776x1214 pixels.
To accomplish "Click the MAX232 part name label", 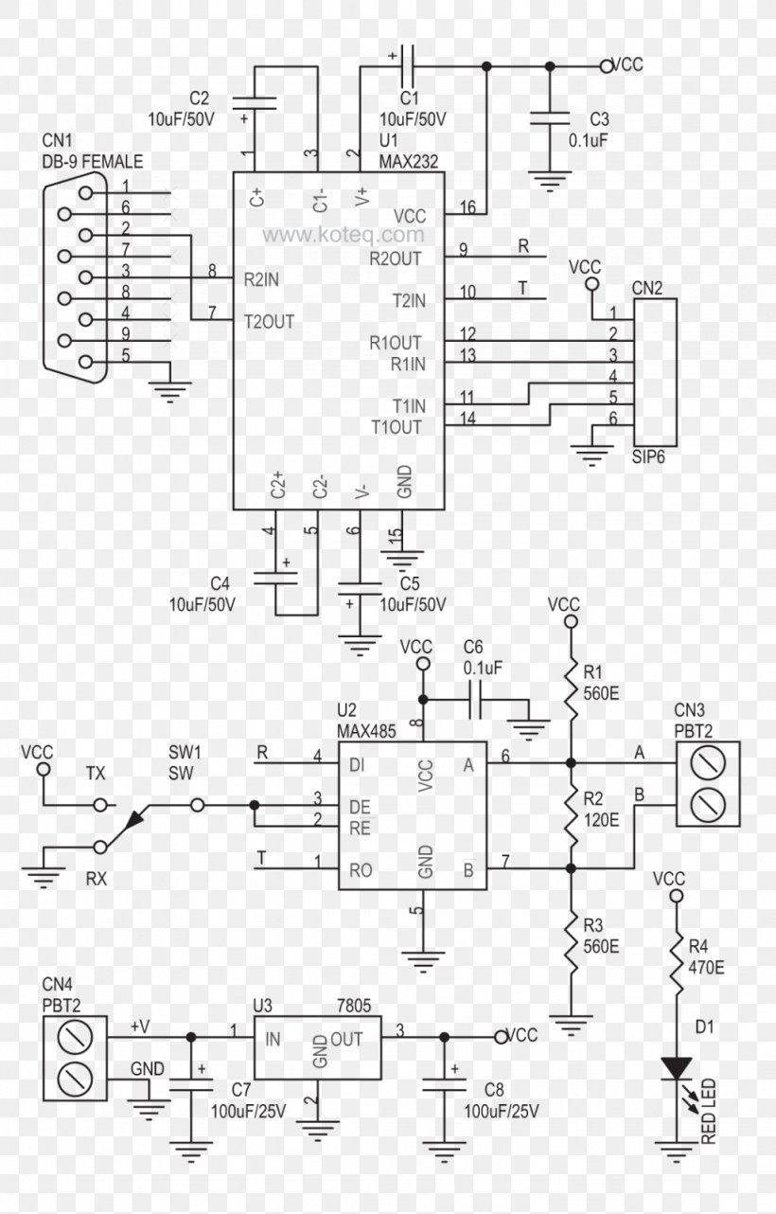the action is pos(408,162).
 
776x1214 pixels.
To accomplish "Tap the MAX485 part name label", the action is pos(366,732).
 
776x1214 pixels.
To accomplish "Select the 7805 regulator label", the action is pos(354,1006).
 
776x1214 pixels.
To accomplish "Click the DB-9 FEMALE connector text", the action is pos(93,162).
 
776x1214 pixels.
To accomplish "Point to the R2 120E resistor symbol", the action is pos(571,815).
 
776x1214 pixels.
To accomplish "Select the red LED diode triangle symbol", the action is pos(676,1067).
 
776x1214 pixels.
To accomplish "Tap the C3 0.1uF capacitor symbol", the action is pos(550,118).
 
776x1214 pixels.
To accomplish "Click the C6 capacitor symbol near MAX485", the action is pos(475,700).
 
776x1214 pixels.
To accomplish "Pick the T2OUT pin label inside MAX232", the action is pos(269,321).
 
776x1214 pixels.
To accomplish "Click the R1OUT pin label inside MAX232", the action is pos(396,343).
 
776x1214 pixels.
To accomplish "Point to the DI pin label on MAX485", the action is pos(357,765).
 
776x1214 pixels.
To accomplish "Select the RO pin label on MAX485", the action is pos(361,870).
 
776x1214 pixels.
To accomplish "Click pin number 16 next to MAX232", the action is pos(467,206).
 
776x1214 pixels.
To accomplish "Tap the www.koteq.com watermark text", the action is pos(344,235).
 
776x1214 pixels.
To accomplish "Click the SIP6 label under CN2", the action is pos(648,456).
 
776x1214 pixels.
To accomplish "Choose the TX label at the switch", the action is pos(96,774).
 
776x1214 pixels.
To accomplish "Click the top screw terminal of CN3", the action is pos(708,763).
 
